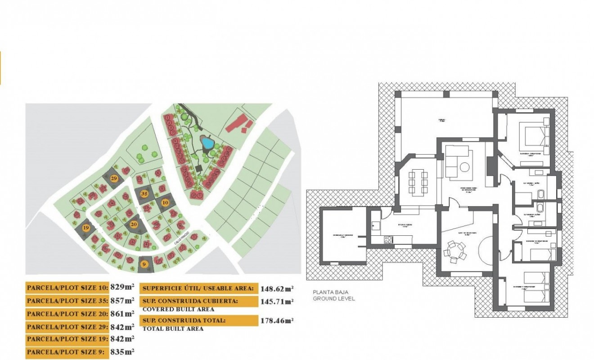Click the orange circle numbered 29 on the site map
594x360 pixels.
(x=114, y=179)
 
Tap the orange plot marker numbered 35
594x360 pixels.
(x=144, y=193)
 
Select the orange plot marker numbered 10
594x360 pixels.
(x=165, y=203)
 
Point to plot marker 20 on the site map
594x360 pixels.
(x=134, y=224)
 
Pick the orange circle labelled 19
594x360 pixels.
(x=86, y=228)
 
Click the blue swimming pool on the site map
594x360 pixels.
(x=207, y=144)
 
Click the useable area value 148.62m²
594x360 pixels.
(x=277, y=288)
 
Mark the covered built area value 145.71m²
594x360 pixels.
(x=277, y=301)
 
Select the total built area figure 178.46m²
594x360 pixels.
(x=277, y=321)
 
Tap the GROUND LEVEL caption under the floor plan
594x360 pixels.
(x=334, y=298)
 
